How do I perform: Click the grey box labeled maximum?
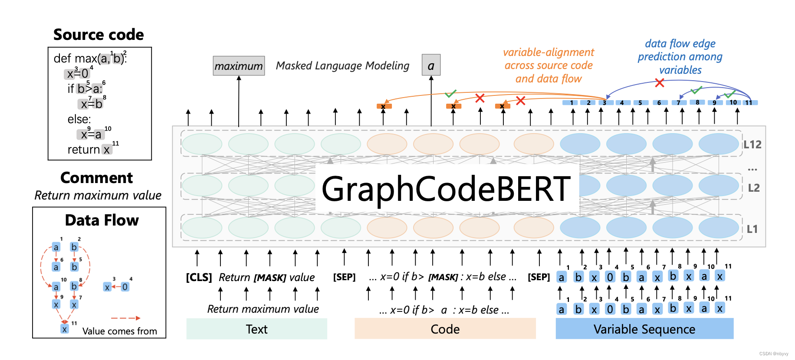[x=239, y=66]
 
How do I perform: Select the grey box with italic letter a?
[x=431, y=65]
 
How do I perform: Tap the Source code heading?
[x=99, y=35]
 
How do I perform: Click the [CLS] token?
[x=199, y=277]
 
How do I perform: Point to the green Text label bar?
[x=256, y=329]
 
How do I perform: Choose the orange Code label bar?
[x=445, y=329]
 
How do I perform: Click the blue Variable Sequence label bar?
[x=644, y=329]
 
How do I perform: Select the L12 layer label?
[x=752, y=144]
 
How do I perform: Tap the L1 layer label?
[x=752, y=229]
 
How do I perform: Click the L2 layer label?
[x=753, y=188]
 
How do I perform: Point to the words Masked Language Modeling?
[x=342, y=65]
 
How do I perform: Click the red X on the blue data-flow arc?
[x=660, y=82]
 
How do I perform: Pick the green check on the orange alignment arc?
[x=450, y=93]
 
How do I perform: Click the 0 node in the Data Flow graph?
[x=125, y=287]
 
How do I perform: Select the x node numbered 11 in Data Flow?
[x=65, y=329]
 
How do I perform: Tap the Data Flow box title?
[x=102, y=220]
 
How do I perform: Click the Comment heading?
[x=96, y=178]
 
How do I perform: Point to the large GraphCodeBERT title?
[x=446, y=189]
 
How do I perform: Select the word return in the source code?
[x=84, y=150]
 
